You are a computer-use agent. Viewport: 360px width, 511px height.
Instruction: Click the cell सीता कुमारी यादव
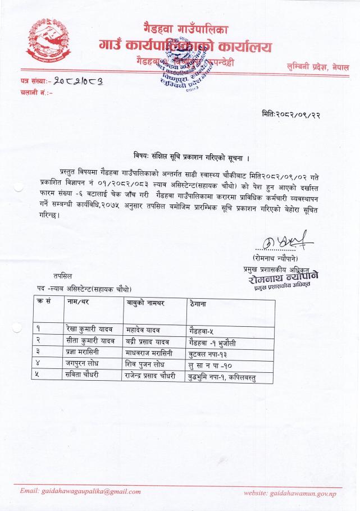90,340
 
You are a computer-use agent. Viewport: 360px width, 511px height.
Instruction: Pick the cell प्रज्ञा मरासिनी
86,352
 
